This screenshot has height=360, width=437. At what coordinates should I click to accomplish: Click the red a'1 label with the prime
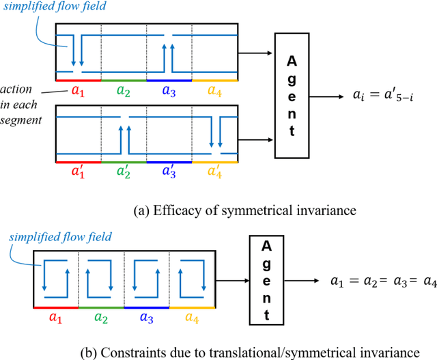[x=78, y=172]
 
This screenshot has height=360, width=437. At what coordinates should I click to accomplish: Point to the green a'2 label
[x=124, y=172]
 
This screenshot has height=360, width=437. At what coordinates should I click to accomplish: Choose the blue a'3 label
[x=169, y=172]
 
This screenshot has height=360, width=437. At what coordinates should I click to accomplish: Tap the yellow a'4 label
[x=215, y=172]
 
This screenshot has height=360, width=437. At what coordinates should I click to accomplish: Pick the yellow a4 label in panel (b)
[x=192, y=317]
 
